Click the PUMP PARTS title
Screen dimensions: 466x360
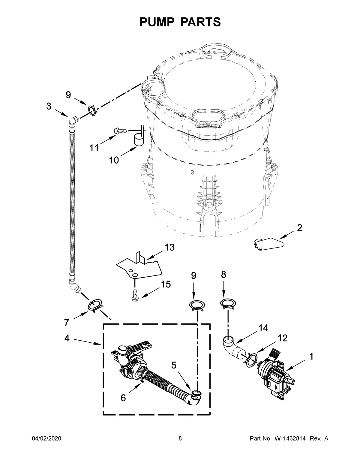click(180, 22)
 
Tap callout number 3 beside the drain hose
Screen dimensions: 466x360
click(49, 106)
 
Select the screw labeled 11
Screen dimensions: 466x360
click(120, 131)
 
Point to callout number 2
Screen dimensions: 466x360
click(299, 228)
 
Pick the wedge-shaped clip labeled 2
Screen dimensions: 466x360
click(267, 243)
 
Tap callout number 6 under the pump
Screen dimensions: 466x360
click(123, 398)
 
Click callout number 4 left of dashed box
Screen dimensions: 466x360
click(67, 338)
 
